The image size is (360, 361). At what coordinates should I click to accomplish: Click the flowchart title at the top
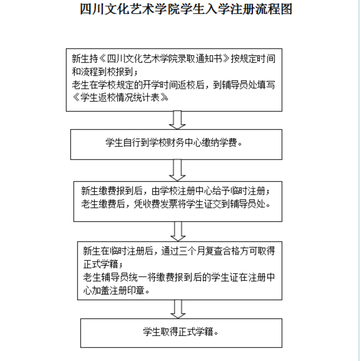click(x=186, y=10)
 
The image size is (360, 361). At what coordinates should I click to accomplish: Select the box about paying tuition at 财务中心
click(x=176, y=144)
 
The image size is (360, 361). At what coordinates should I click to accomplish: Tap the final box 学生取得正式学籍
click(x=181, y=332)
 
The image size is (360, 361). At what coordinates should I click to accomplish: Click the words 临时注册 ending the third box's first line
click(x=254, y=191)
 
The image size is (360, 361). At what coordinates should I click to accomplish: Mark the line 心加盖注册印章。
click(x=116, y=290)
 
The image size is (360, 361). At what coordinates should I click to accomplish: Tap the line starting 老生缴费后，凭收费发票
click(x=176, y=204)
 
